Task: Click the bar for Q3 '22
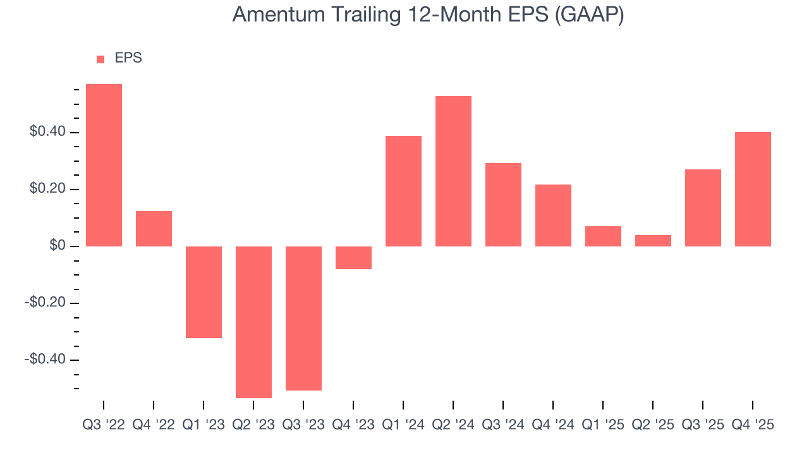[x=104, y=165]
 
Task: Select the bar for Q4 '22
[x=154, y=228]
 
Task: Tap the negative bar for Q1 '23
[x=204, y=292]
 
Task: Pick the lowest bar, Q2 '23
[x=253, y=322]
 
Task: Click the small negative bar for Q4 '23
[x=353, y=257]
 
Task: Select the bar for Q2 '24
[x=453, y=171]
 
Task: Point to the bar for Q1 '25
[x=603, y=236]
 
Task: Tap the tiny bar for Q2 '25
[x=653, y=240]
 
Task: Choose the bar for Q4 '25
[x=753, y=189]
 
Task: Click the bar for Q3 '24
[x=503, y=204]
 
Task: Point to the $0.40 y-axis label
[x=47, y=132]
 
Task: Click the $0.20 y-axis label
[x=47, y=189]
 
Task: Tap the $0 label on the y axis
[x=58, y=246]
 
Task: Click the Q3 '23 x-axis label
[x=303, y=425]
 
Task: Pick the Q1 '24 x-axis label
[x=403, y=425]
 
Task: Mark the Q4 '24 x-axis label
[x=553, y=425]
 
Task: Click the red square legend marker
[x=100, y=59]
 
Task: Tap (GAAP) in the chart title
[x=589, y=15]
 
